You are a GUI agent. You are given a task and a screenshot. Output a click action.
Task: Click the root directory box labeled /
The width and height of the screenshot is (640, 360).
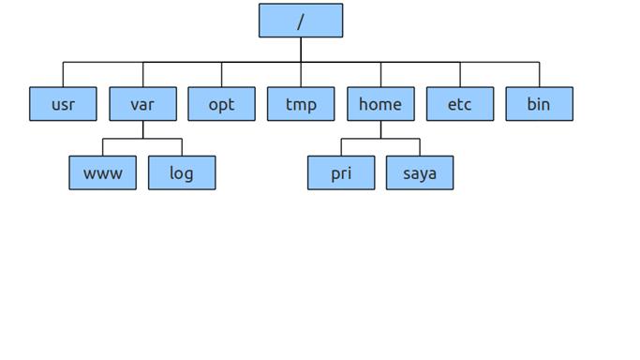click(x=301, y=21)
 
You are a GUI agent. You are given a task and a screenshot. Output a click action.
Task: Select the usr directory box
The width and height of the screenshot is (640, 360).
click(x=63, y=104)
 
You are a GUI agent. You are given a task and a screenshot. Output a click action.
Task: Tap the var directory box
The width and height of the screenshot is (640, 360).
click(x=142, y=104)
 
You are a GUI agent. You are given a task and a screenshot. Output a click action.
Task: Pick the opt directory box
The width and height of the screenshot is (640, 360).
click(x=221, y=104)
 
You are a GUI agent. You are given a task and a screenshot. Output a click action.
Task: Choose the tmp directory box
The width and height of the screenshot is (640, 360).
click(x=301, y=104)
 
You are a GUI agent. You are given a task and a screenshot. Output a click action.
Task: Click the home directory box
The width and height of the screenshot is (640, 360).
click(x=380, y=104)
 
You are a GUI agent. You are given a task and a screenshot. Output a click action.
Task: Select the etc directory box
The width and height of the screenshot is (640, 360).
click(x=459, y=104)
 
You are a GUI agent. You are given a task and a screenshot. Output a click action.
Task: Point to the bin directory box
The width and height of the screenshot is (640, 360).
click(x=539, y=104)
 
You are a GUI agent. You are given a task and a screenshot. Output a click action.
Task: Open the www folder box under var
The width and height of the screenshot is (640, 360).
click(x=102, y=172)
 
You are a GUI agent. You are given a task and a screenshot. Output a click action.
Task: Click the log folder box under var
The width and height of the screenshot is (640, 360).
click(x=182, y=172)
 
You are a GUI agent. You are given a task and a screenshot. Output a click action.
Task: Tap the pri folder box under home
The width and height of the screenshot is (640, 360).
click(x=341, y=172)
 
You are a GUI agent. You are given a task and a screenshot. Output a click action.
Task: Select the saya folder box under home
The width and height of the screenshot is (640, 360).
click(x=420, y=172)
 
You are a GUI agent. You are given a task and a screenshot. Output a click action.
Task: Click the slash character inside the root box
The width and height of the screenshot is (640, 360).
click(x=301, y=22)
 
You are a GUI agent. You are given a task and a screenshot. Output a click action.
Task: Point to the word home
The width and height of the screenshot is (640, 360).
click(x=380, y=104)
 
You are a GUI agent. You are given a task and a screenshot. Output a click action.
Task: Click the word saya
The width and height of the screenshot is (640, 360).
click(x=420, y=173)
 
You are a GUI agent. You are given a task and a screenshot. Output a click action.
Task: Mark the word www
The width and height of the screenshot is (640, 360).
click(x=102, y=173)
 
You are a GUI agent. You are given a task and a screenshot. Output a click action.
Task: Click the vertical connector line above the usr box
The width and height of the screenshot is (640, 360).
click(x=63, y=75)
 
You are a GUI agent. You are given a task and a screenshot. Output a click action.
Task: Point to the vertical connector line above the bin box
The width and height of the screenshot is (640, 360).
click(x=539, y=75)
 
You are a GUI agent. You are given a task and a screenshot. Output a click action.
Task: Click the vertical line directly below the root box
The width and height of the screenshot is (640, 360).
click(x=301, y=50)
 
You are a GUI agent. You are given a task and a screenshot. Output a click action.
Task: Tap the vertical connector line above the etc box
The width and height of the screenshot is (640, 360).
click(x=460, y=75)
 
